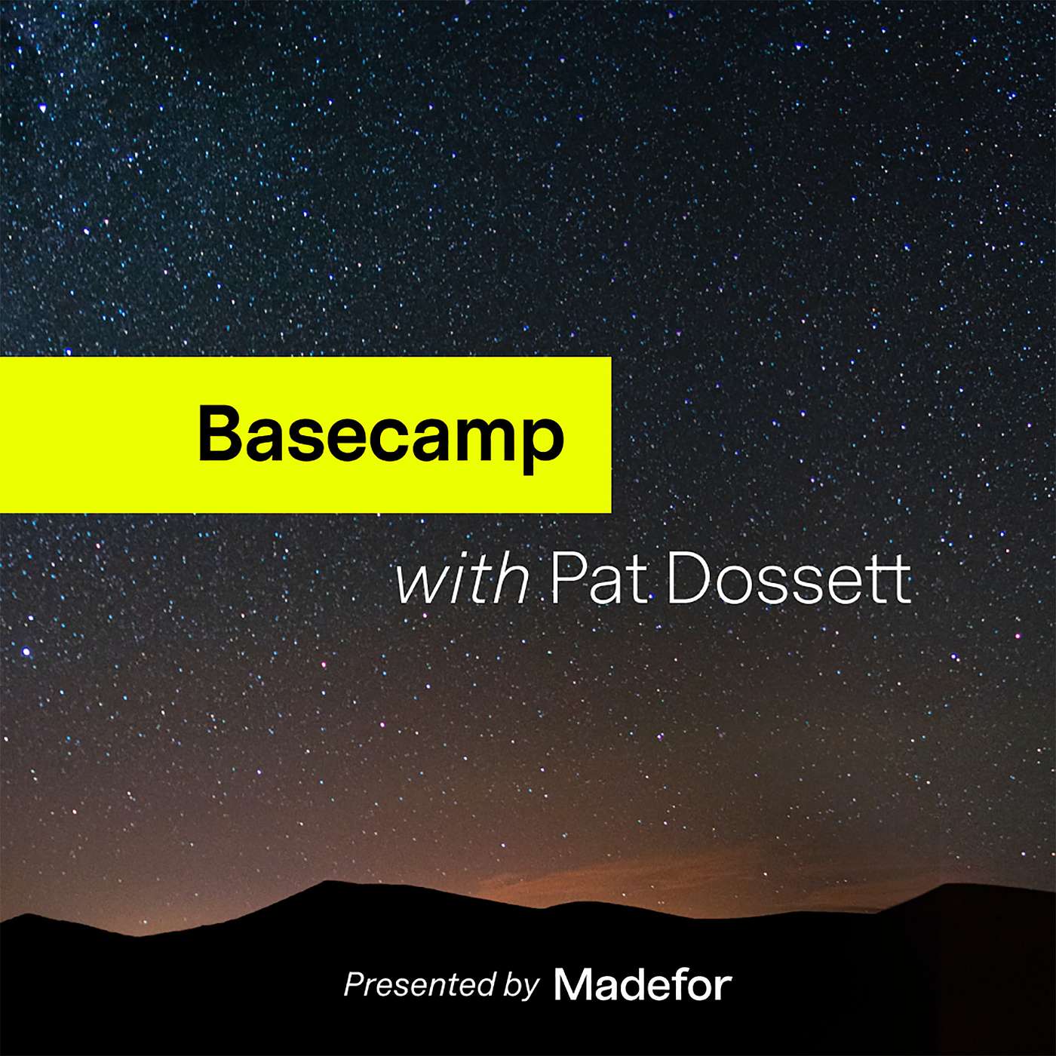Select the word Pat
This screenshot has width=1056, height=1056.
click(600, 582)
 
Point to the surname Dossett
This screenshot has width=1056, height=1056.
click(788, 582)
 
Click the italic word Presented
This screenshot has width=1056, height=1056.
click(419, 984)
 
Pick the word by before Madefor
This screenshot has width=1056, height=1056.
click(521, 986)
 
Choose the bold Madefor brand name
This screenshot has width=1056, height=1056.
click(643, 984)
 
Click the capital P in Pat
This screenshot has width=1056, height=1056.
click(566, 582)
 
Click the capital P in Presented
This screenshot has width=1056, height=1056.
click(356, 984)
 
